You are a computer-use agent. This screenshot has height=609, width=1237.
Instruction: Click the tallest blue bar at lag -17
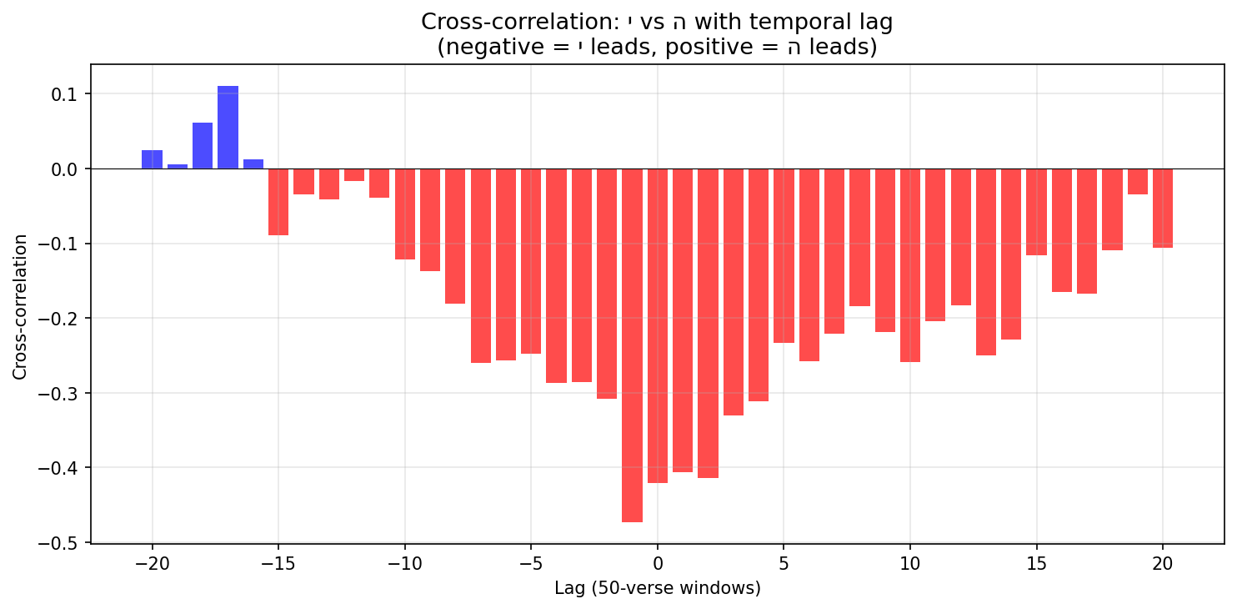click(228, 128)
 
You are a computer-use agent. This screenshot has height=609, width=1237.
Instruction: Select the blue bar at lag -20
click(152, 159)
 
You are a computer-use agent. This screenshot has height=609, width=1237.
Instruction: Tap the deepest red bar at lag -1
click(632, 345)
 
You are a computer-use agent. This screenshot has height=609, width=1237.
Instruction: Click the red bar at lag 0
click(658, 325)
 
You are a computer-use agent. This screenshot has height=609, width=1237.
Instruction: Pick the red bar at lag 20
click(1163, 209)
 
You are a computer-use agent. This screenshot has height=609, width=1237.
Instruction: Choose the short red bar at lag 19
click(1138, 182)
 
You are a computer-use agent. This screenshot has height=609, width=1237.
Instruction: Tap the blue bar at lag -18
click(203, 146)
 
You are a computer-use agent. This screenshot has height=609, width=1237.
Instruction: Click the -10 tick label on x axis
click(404, 563)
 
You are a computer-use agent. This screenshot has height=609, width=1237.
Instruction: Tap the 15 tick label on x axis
click(1036, 563)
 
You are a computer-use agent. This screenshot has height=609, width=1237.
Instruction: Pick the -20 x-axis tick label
click(152, 563)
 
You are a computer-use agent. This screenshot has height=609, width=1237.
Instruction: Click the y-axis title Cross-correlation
click(20, 306)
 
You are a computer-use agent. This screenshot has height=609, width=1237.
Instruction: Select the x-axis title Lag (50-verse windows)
click(658, 588)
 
